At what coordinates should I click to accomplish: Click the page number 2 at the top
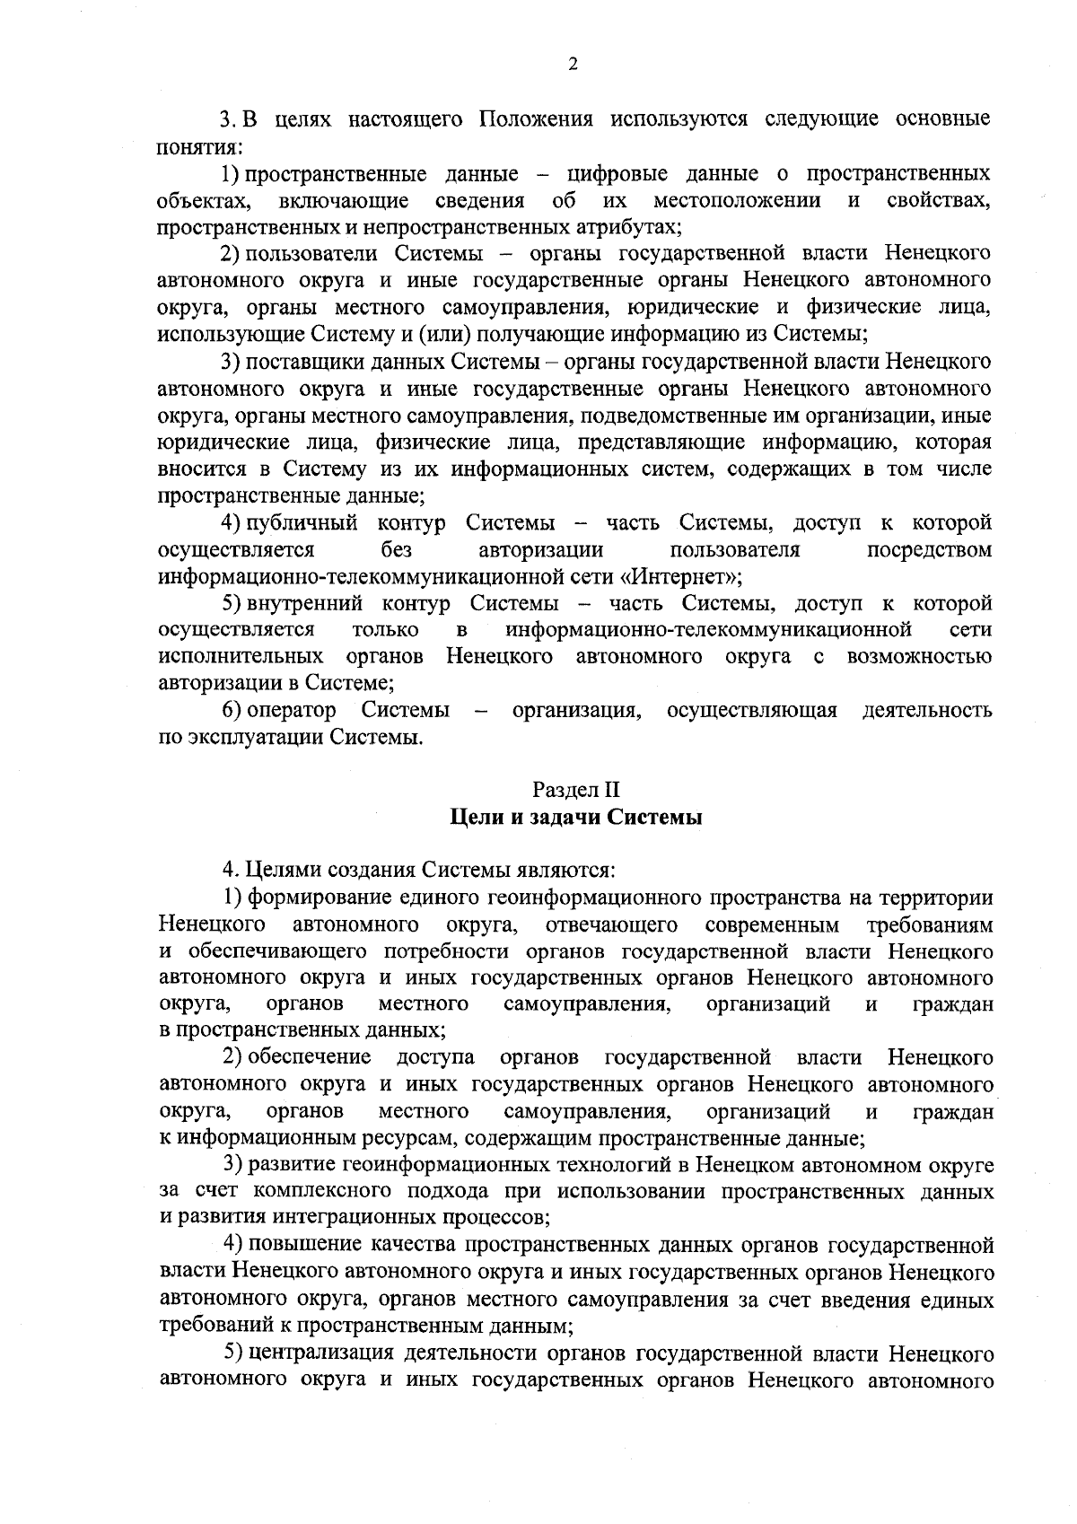pos(573,64)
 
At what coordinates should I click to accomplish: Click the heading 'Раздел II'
pos(575,790)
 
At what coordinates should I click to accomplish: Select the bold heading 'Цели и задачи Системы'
pos(575,818)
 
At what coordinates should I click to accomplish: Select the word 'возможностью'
pos(918,657)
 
